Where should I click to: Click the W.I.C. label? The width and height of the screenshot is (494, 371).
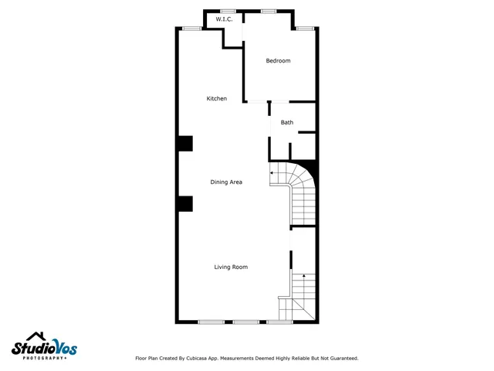click(x=225, y=19)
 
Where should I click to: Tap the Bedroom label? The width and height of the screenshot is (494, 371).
click(x=278, y=61)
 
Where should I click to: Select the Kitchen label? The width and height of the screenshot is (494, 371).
click(x=216, y=99)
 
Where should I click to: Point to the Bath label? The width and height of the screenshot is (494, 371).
click(x=286, y=123)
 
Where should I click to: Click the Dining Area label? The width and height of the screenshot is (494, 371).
click(x=226, y=182)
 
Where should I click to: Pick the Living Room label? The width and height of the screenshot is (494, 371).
click(x=231, y=267)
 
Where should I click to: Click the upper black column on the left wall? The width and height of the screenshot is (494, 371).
click(x=184, y=144)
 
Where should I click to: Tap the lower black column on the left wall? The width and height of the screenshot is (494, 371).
click(x=184, y=203)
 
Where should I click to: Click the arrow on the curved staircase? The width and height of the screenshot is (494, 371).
click(x=272, y=173)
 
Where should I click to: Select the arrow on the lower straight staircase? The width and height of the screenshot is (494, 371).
click(x=304, y=275)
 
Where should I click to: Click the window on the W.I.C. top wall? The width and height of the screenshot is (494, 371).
click(x=228, y=11)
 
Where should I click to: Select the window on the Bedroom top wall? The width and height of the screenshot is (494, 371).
click(x=269, y=11)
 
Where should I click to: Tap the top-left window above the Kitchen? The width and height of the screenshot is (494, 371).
click(x=192, y=29)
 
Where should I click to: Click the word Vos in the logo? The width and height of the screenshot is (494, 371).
click(x=63, y=348)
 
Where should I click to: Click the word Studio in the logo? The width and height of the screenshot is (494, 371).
click(x=30, y=349)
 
